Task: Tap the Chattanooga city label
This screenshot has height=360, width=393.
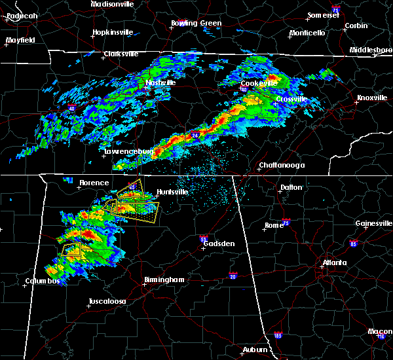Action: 282,166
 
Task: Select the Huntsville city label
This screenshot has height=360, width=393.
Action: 172,192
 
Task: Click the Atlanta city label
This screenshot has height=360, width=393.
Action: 334,264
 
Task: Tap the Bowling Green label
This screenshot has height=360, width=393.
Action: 196,23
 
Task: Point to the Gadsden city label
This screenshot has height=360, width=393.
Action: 219,243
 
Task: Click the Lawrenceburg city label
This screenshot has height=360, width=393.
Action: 128,152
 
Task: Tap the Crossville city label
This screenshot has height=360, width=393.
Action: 291,99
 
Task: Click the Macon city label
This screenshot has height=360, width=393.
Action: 380,332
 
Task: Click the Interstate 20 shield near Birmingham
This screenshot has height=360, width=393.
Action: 233,275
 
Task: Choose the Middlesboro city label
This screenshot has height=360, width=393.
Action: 369,50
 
